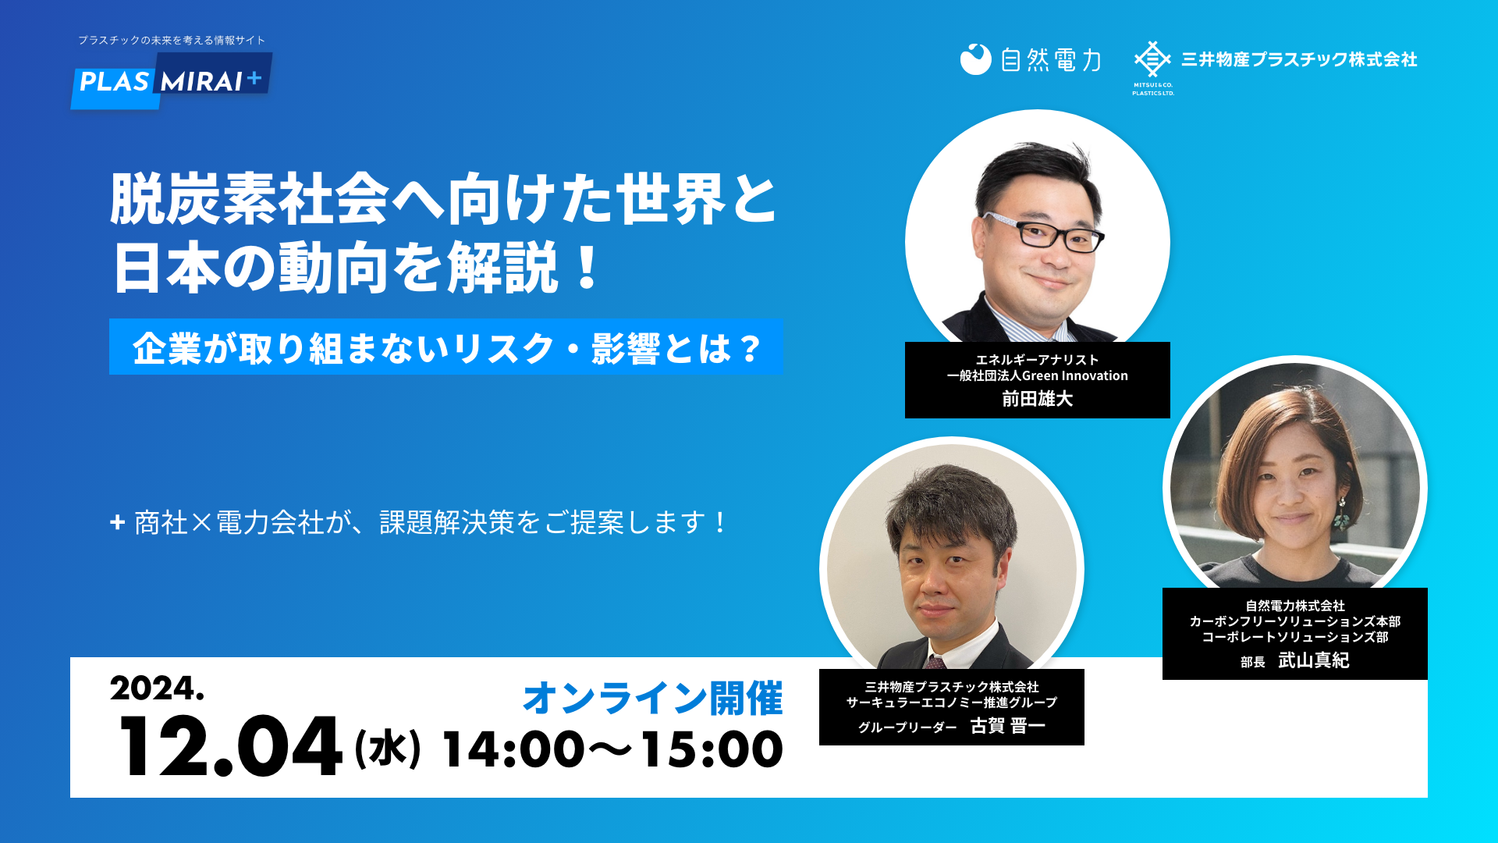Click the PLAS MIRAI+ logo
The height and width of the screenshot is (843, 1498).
(x=172, y=81)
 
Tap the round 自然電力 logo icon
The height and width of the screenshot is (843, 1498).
(x=975, y=59)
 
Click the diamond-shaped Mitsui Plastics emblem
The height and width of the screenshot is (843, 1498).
(x=1152, y=59)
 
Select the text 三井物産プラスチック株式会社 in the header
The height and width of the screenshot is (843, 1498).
(x=1299, y=59)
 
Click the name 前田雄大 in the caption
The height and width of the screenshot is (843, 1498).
(x=1038, y=399)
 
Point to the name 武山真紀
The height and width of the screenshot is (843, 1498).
(x=1313, y=660)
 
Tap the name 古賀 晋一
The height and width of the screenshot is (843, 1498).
(x=1007, y=726)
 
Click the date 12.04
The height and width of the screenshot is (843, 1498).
(x=229, y=746)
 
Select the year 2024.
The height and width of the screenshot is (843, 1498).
(x=157, y=688)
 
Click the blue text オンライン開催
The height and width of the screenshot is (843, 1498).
(x=652, y=698)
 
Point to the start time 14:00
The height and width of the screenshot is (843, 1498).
(x=513, y=749)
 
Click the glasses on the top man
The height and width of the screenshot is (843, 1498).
(x=1043, y=231)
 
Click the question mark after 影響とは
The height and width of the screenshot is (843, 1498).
(x=751, y=348)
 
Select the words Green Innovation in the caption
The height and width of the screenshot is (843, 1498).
(x=1075, y=375)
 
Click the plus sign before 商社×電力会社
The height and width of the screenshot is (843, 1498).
(x=117, y=522)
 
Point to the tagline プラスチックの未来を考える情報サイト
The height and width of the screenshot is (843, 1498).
(x=172, y=40)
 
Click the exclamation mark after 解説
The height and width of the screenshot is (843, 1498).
(x=587, y=267)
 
